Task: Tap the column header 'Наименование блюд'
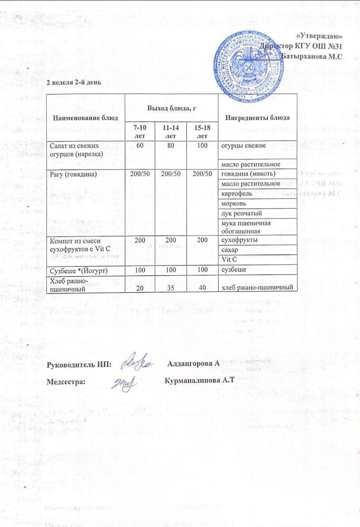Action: (85, 118)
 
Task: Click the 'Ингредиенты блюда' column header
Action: (258, 118)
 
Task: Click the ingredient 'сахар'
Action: (231, 250)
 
